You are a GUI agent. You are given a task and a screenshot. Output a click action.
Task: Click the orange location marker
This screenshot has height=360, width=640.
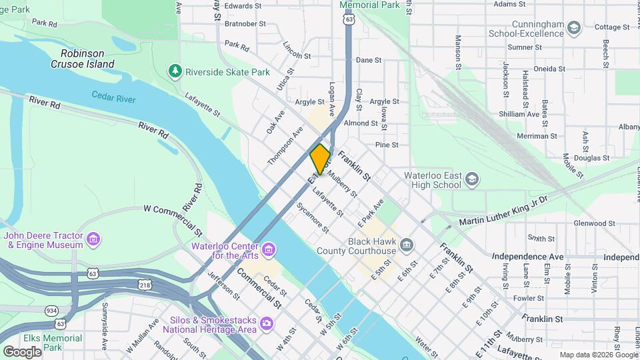click(320, 159)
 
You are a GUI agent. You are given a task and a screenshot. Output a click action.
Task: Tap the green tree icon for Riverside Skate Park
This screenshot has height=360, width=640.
click(175, 71)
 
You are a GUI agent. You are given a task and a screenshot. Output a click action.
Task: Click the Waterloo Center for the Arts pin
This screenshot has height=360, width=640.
click(269, 250)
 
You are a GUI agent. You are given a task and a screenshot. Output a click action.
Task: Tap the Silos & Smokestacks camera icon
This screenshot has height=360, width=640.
click(267, 324)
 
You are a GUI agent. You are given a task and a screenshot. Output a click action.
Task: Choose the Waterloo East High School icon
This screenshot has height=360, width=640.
click(472, 179)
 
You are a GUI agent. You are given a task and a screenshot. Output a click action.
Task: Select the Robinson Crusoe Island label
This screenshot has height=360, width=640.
click(83, 59)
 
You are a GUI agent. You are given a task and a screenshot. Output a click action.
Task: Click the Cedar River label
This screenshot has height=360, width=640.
click(113, 97)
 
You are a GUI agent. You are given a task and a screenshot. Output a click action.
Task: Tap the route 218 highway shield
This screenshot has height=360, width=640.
click(146, 285)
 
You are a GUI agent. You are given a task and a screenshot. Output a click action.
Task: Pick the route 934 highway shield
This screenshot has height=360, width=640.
click(51, 311)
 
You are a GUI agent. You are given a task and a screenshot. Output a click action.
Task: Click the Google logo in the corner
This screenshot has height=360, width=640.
click(22, 351)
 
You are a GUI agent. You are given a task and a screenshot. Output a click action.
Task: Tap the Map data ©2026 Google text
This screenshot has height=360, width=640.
click(598, 355)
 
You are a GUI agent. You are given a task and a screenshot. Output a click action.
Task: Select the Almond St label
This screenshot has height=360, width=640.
click(361, 123)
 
